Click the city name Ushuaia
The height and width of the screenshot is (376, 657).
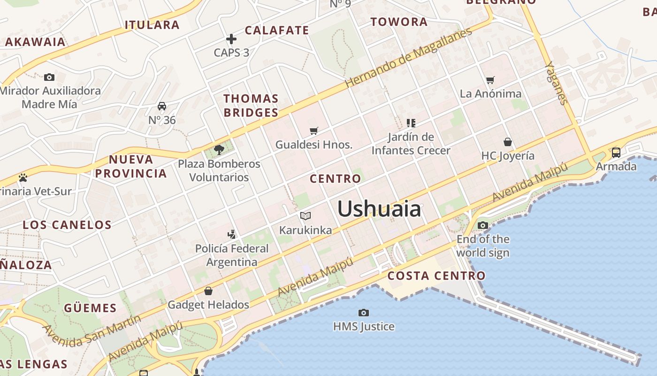click(x=379, y=209)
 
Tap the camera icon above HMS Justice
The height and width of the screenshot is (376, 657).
click(x=363, y=313)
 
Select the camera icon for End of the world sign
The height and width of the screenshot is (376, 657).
click(x=482, y=226)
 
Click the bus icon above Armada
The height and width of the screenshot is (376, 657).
click(x=616, y=153)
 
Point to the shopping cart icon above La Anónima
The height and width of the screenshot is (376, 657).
click(x=490, y=80)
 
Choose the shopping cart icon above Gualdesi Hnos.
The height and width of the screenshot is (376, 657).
click(x=313, y=131)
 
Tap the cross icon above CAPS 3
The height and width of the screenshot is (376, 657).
click(x=231, y=39)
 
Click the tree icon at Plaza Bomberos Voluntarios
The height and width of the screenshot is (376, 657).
click(x=219, y=150)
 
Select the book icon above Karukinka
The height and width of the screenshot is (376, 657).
click(x=306, y=216)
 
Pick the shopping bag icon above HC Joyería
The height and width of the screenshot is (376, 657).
click(x=507, y=141)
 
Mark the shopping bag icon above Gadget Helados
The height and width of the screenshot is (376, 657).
click(x=208, y=291)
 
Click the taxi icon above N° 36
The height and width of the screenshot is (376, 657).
click(x=162, y=106)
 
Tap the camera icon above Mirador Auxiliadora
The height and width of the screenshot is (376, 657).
click(x=49, y=77)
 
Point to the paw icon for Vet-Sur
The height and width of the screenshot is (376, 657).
click(x=23, y=178)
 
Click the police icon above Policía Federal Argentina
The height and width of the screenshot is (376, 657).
click(x=231, y=234)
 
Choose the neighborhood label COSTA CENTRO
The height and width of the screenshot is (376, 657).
click(x=436, y=276)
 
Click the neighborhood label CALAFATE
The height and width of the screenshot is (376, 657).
click(x=277, y=31)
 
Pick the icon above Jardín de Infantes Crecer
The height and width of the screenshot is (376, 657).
click(x=411, y=123)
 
